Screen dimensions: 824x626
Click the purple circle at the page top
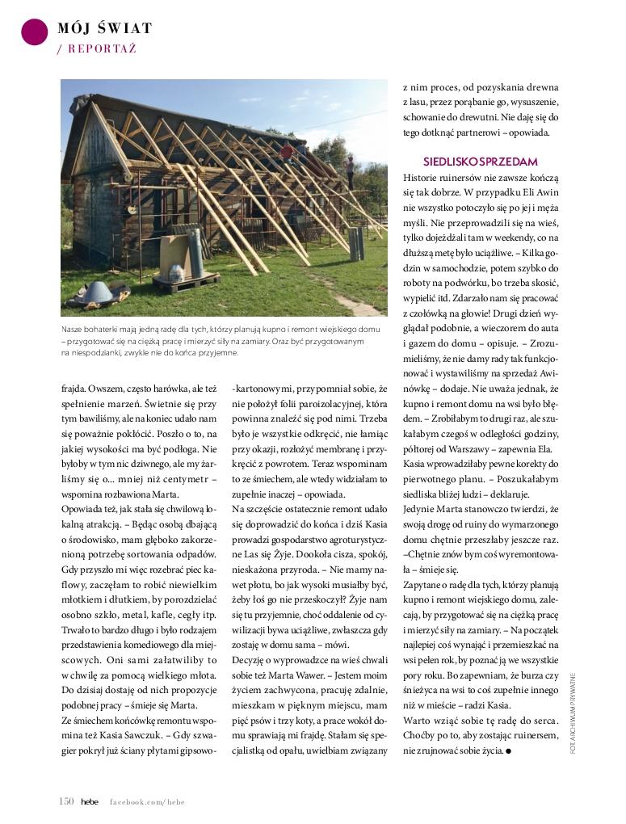34,32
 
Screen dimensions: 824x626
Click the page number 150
66,801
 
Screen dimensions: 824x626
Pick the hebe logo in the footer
89,801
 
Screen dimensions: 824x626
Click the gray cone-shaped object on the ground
97,292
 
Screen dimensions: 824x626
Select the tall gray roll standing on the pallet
195,253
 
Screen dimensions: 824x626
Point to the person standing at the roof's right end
350,170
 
